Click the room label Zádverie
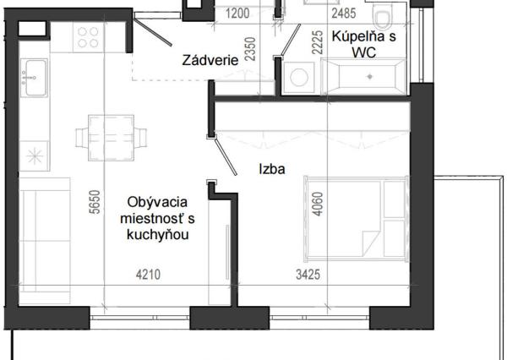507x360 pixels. click(x=209, y=61)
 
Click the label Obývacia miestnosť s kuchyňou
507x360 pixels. click(x=156, y=218)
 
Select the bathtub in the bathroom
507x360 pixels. click(x=366, y=76)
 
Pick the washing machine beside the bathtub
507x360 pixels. click(x=299, y=77)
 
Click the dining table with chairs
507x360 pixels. click(x=110, y=135)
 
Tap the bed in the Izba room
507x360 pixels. click(x=355, y=215)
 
